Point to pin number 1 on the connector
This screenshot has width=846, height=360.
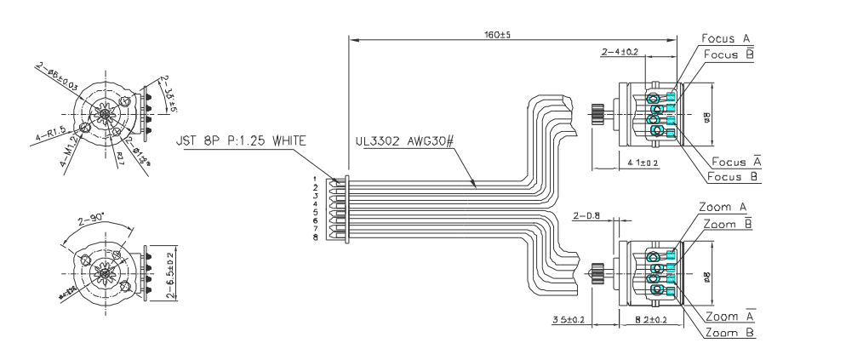pyautogui.click(x=315, y=180)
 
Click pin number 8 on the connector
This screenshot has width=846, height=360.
pyautogui.click(x=315, y=237)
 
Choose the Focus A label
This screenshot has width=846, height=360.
pyautogui.click(x=725, y=39)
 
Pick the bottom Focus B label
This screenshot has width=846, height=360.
pyautogui.click(x=735, y=177)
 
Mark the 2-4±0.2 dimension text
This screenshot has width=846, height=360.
pyautogui.click(x=620, y=53)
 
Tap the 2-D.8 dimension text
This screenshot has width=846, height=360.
pyautogui.click(x=588, y=216)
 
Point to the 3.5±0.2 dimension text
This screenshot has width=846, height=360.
pyautogui.click(x=567, y=319)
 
